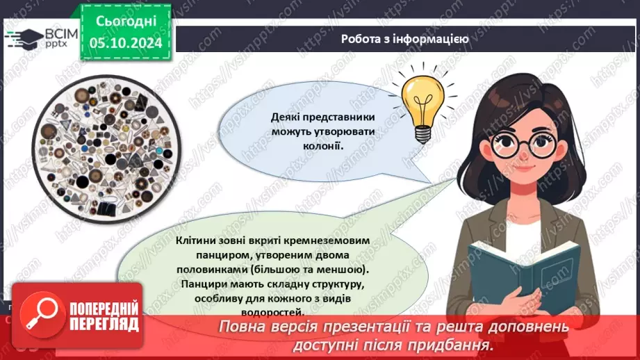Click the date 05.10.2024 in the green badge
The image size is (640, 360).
tap(126, 43)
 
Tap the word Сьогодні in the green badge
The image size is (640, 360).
tap(126, 22)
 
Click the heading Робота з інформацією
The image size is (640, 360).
tap(404, 39)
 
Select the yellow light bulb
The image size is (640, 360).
tap(423, 107)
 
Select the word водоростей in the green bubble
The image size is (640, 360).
tap(272, 313)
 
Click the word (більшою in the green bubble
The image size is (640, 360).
tap(269, 270)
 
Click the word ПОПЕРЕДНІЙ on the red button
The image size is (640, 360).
tap(104, 309)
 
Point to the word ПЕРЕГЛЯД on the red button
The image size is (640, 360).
tap(104, 325)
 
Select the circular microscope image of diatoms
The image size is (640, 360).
tap(106, 149)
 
